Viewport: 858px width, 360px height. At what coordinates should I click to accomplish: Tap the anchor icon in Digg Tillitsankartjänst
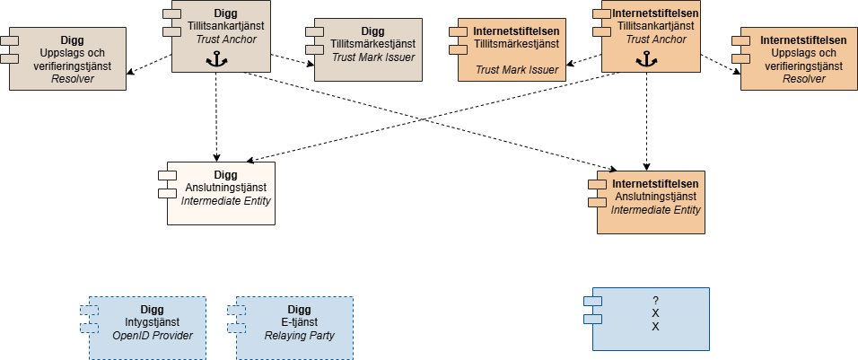(x=215, y=59)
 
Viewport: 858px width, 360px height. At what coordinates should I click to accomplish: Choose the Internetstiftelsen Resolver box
(x=797, y=59)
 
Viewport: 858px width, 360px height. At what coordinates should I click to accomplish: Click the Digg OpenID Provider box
(x=147, y=328)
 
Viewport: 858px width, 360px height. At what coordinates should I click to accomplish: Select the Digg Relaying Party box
(x=294, y=328)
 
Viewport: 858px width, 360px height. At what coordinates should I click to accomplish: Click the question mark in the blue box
(x=656, y=300)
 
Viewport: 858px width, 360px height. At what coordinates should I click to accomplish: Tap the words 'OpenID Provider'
(x=152, y=337)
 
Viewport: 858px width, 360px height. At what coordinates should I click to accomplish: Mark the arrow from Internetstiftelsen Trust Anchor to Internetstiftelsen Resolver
(x=720, y=64)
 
